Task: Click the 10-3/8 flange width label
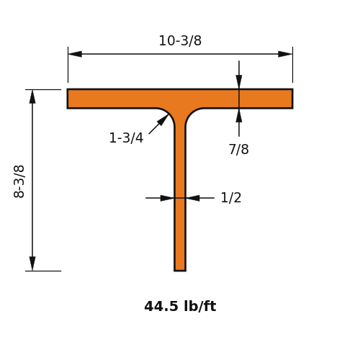pyautogui.click(x=180, y=41)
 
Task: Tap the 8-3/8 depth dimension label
pyautogui.click(x=19, y=181)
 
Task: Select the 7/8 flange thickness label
pyautogui.click(x=238, y=149)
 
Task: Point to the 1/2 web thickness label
pyautogui.click(x=231, y=198)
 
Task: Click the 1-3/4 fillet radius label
pyautogui.click(x=126, y=138)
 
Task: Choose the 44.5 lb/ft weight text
pyautogui.click(x=180, y=306)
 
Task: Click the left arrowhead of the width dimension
pyautogui.click(x=75, y=54)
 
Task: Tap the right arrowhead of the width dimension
pyautogui.click(x=285, y=54)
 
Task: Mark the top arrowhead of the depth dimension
pyautogui.click(x=32, y=96)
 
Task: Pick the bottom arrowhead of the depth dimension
pyautogui.click(x=32, y=264)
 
